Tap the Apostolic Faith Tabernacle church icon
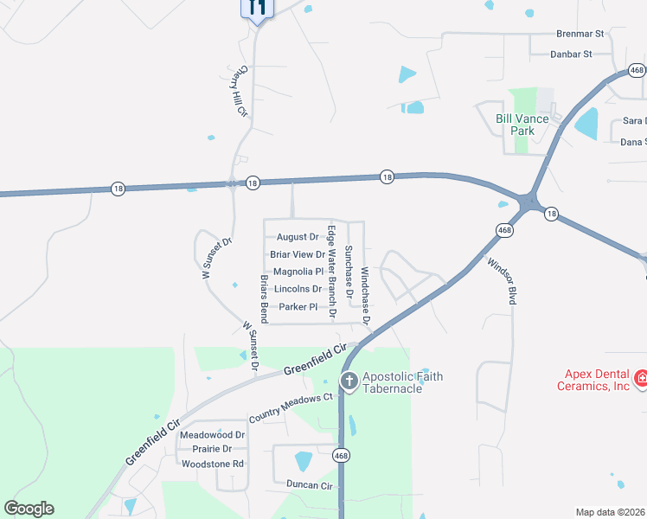(x=349, y=381)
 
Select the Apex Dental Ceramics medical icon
(x=641, y=379)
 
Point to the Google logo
(x=29, y=509)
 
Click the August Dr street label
(x=298, y=237)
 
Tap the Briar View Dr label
(x=298, y=254)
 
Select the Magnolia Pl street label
(x=298, y=272)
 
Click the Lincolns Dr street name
(x=298, y=289)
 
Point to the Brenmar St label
(x=579, y=35)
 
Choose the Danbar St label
(x=571, y=54)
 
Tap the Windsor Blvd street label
(x=501, y=280)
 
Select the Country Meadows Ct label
(x=291, y=407)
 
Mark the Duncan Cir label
(x=302, y=486)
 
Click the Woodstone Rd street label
(x=213, y=464)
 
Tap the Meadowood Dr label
(x=213, y=434)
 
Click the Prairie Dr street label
(x=213, y=449)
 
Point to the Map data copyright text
(x=611, y=512)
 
